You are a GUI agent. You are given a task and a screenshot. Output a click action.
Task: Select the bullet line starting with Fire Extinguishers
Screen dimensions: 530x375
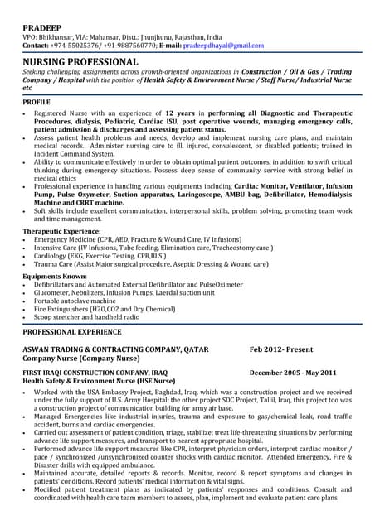105,308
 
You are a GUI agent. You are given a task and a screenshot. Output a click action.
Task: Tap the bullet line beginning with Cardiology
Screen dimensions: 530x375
100,256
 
